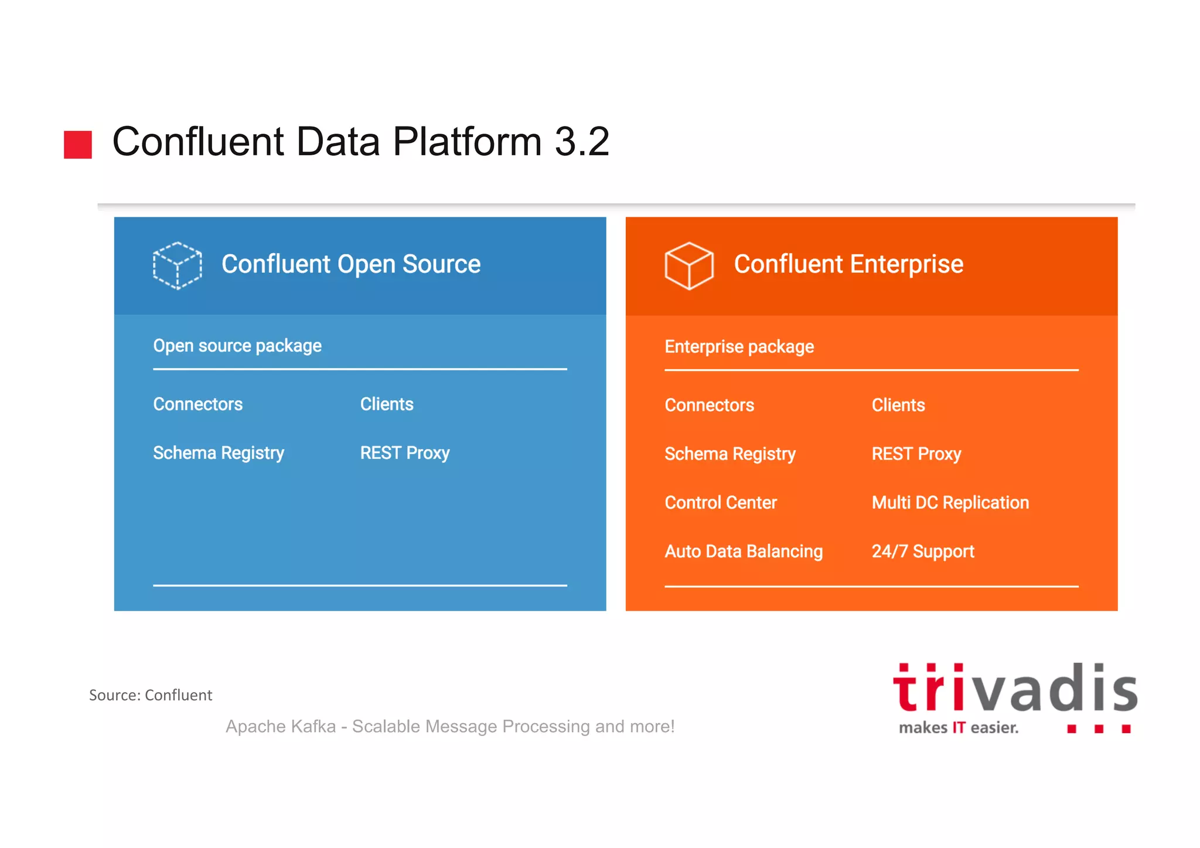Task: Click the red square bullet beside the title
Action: coord(78,144)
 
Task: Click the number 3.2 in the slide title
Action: coord(581,142)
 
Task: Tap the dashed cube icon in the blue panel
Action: coord(177,265)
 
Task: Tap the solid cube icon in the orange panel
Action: coord(688,265)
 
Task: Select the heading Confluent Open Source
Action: coord(350,264)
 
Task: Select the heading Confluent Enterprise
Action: coord(848,264)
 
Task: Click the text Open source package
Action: coord(237,346)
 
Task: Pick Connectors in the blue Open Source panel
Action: coord(197,404)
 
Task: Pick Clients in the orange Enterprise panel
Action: coord(898,406)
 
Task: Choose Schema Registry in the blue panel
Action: coord(218,453)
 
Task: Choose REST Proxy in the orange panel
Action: coord(916,454)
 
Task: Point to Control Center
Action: coord(720,503)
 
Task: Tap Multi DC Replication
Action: coord(950,503)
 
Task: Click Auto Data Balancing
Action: coord(743,551)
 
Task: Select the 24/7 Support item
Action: coord(922,551)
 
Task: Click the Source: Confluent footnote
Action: coord(150,695)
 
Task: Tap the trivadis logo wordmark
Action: coord(1014,689)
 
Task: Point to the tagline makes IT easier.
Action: coord(958,728)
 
